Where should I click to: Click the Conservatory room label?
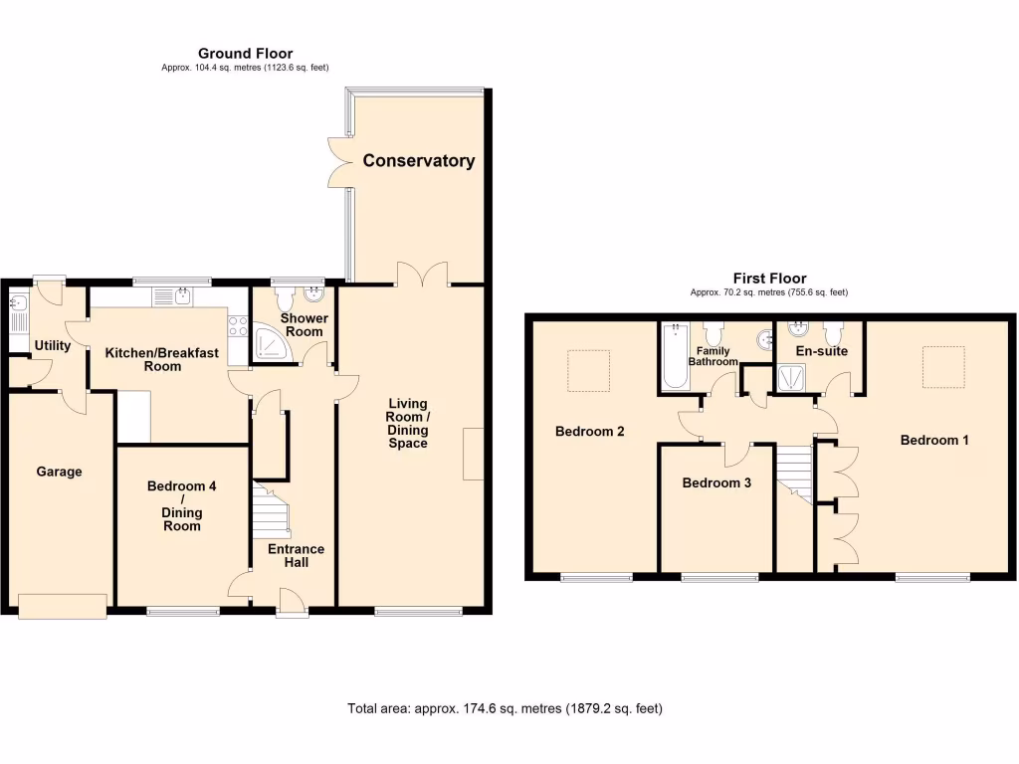418,160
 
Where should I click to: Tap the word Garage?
59,472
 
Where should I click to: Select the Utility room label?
52,345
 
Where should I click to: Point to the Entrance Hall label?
296,555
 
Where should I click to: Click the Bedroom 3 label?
715,483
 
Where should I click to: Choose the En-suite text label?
821,351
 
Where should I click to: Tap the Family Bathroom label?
713,356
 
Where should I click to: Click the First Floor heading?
769,279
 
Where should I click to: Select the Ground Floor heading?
245,54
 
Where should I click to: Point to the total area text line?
505,708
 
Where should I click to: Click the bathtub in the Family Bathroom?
672,356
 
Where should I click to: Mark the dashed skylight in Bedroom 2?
588,371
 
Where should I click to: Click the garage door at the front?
61,605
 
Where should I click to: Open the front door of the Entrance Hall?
292,600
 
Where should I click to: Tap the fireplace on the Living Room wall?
474,456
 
